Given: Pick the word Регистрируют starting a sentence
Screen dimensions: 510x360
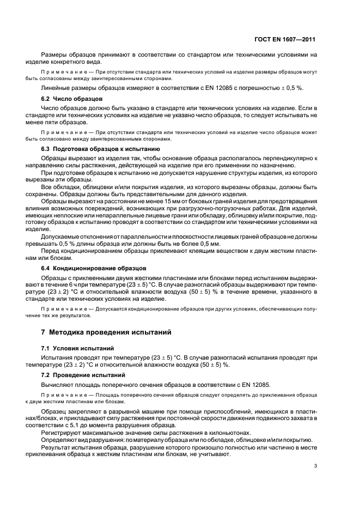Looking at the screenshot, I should (x=59, y=432).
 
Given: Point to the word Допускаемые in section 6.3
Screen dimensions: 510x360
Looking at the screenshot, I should (x=59, y=238).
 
